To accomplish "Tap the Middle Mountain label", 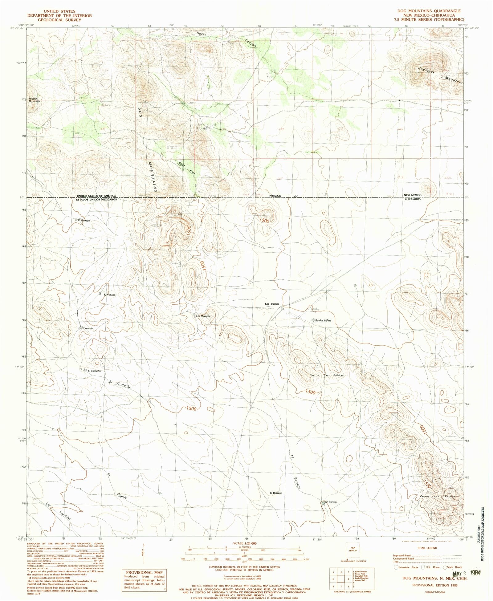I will pos(34,100).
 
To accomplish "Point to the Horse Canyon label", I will pos(227,39).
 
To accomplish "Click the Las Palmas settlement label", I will pos(272,304).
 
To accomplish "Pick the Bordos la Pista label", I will pos(323,321).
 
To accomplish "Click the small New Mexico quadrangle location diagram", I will pos(352,550).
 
